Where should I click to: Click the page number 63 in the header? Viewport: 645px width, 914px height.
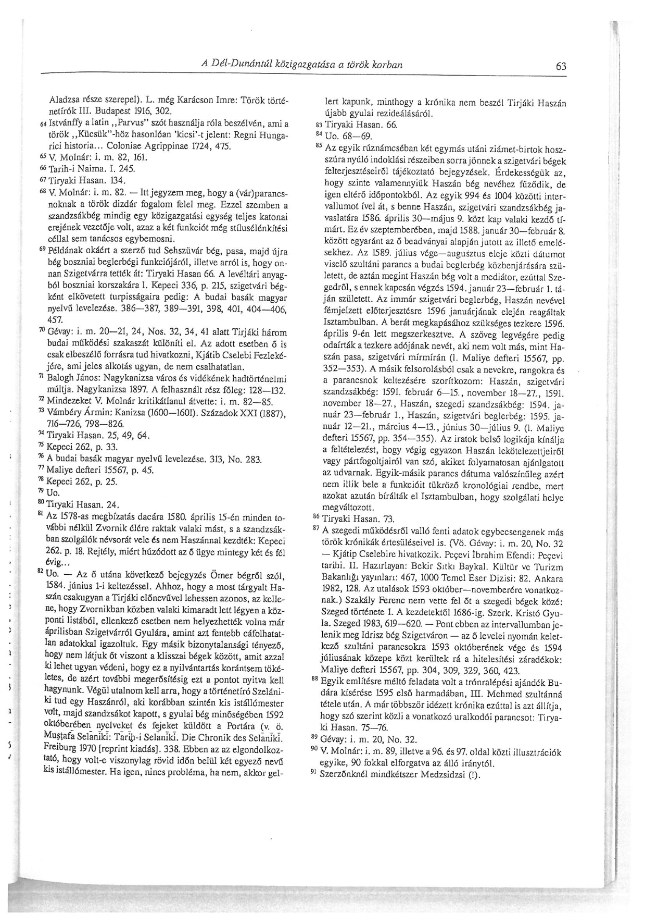[x=561, y=67]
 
